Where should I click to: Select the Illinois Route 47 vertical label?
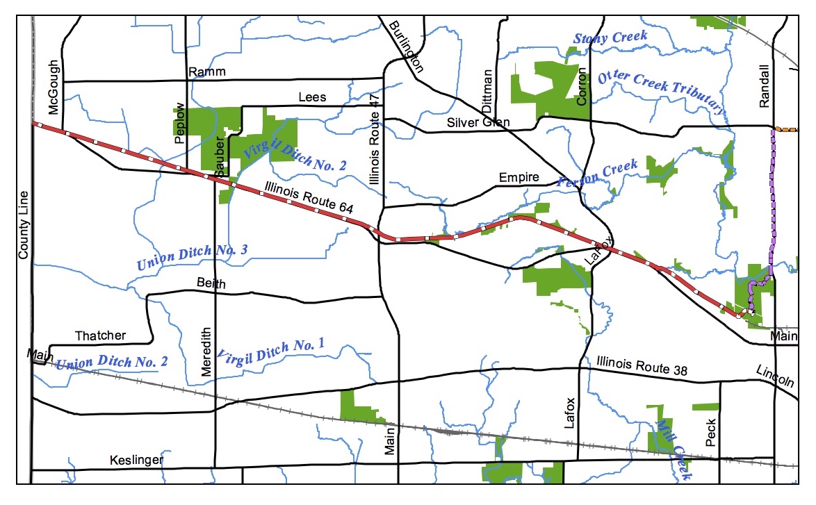[x=375, y=139]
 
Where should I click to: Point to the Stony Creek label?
[x=610, y=38]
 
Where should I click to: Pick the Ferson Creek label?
[x=598, y=174]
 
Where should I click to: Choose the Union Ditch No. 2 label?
[x=112, y=362]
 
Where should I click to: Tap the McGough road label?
[x=54, y=88]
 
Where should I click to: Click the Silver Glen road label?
[x=478, y=122]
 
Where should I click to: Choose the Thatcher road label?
[x=101, y=336]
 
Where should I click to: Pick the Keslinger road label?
[x=136, y=460]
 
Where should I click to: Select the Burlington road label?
[x=406, y=45]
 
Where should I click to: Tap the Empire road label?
[x=519, y=177]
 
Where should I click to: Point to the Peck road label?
[x=710, y=431]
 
